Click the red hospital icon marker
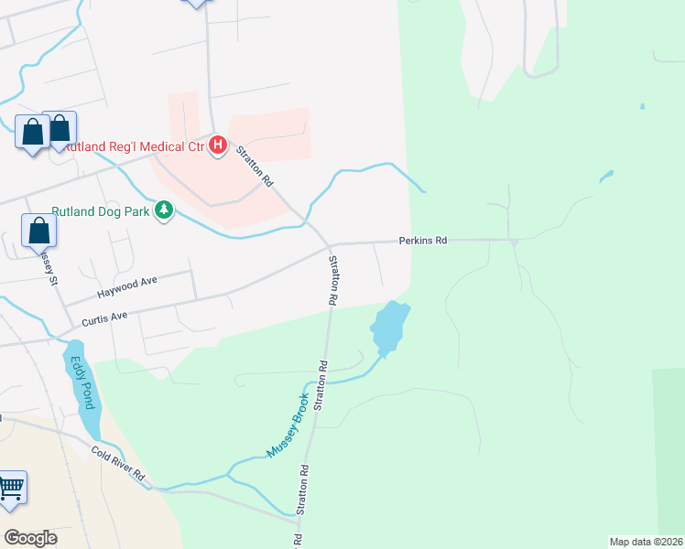pyautogui.click(x=218, y=145)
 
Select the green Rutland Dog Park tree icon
pyautogui.click(x=164, y=211)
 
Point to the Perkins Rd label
pyautogui.click(x=422, y=241)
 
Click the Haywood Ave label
pyautogui.click(x=127, y=290)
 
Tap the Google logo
pyautogui.click(x=31, y=537)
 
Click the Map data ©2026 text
pyautogui.click(x=646, y=541)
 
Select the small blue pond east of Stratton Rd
pyautogui.click(x=389, y=327)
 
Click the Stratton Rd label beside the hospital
pyautogui.click(x=256, y=167)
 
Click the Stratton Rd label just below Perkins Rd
pyautogui.click(x=334, y=280)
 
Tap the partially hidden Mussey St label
pyautogui.click(x=48, y=266)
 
